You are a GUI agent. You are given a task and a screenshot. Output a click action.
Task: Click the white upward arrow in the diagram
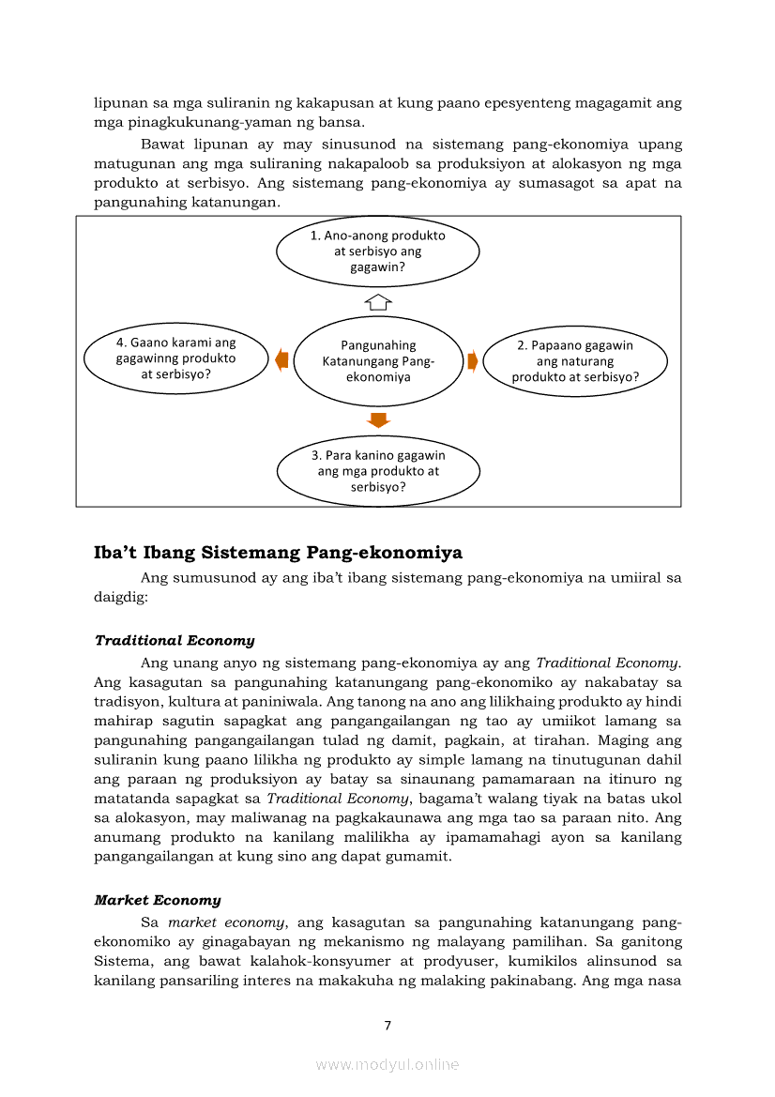[377, 301]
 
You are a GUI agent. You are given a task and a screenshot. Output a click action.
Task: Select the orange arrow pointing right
[473, 360]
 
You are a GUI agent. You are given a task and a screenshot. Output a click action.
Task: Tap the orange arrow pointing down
[377, 419]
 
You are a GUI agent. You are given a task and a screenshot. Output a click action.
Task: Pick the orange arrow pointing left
[281, 359]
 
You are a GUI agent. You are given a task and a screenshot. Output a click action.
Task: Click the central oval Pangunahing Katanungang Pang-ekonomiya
[378, 360]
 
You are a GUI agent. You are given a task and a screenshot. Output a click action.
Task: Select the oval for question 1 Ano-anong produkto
[378, 251]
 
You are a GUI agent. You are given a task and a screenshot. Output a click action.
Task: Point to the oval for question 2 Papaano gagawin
[575, 360]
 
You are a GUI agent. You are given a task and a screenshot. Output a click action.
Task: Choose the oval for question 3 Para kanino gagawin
[378, 471]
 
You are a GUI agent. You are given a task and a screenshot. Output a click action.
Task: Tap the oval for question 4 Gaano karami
[175, 358]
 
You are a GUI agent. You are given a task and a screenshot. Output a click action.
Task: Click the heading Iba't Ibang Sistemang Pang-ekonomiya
[279, 553]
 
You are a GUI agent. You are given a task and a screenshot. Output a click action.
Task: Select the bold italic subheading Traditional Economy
[175, 640]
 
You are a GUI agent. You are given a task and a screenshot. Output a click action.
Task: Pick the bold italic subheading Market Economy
[158, 900]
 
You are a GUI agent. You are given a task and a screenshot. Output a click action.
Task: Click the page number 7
[387, 1025]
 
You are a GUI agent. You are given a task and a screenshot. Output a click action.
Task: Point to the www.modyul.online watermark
[387, 1064]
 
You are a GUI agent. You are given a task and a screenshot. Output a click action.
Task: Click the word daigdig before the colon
[118, 596]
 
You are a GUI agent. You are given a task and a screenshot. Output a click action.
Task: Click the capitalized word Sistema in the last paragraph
[122, 962]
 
